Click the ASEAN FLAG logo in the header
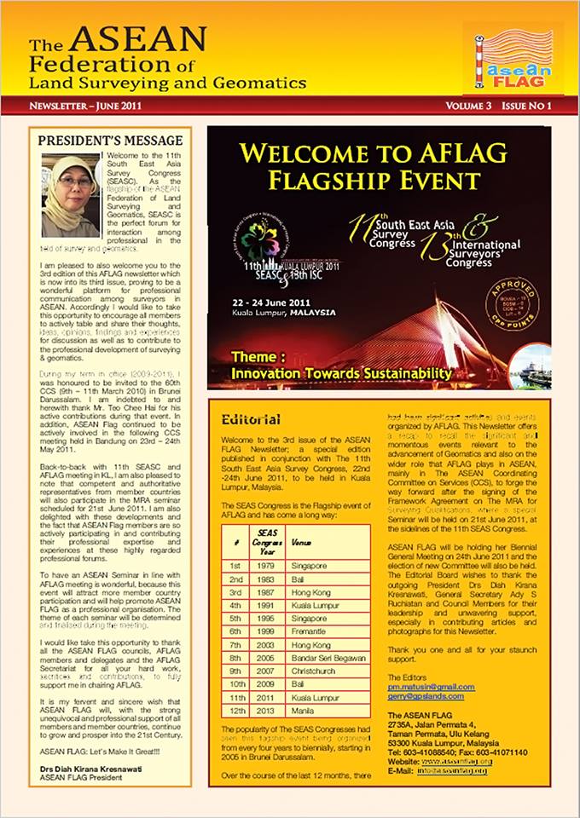513,58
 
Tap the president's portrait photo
70,196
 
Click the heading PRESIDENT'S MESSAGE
110,140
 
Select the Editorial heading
250,419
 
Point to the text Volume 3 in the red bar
468,106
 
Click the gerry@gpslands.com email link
426,697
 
